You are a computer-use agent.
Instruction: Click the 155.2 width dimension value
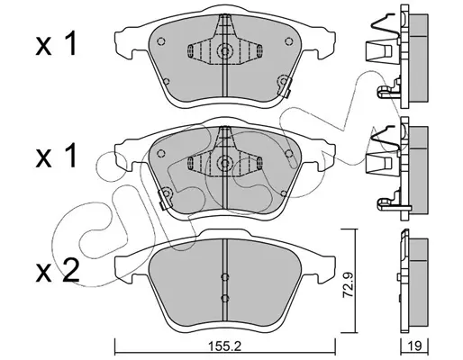(225, 347)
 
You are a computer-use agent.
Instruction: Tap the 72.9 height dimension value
(348, 285)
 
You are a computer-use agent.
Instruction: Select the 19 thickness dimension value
(415, 346)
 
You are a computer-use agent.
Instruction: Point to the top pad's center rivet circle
(224, 50)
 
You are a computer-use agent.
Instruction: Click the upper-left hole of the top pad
(161, 41)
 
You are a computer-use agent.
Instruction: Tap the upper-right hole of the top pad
(289, 41)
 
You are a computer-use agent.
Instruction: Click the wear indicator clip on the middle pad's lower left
(165, 198)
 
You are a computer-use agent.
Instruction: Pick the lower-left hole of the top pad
(166, 81)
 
